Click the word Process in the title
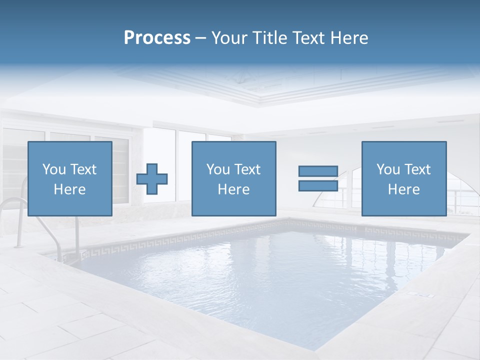click(x=157, y=38)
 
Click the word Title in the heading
click(x=269, y=38)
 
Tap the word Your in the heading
click(x=230, y=38)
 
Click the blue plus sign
click(x=152, y=178)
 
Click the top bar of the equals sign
click(x=318, y=171)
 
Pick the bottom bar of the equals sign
click(x=318, y=185)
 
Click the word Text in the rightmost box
click(x=417, y=169)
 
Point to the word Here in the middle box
click(x=233, y=189)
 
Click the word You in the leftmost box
click(x=54, y=169)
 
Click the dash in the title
click(x=200, y=38)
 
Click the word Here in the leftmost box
click(x=70, y=189)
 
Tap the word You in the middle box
click(x=218, y=169)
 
